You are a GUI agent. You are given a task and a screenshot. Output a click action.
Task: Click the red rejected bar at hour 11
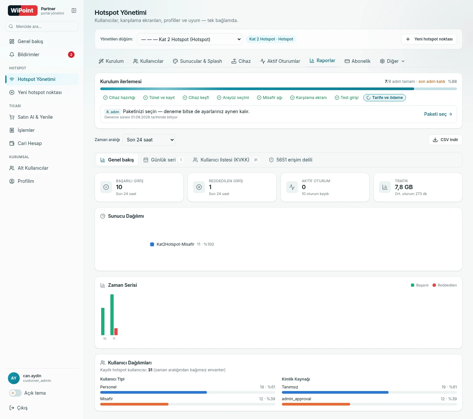pos(116,332)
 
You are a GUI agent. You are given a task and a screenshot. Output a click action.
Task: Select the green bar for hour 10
pos(103,322)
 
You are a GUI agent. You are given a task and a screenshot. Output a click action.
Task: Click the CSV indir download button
pos(445,140)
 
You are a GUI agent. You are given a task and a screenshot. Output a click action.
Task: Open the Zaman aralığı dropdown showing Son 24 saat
pos(149,140)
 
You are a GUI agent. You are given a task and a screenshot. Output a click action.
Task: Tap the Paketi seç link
pos(438,114)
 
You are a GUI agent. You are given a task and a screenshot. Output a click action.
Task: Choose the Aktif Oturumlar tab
pos(280,61)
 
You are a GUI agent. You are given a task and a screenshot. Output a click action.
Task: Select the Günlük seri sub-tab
pos(163,160)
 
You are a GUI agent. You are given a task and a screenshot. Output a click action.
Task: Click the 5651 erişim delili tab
pos(291,160)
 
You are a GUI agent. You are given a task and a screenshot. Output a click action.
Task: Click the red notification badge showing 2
pos(71,55)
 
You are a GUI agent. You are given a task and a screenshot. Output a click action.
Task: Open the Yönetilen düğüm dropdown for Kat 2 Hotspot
pos(189,39)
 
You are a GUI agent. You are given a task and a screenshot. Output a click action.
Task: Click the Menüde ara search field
pos(42,26)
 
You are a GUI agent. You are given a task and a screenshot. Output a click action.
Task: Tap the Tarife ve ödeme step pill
pos(385,98)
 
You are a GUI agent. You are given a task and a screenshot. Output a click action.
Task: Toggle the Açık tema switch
pos(15,393)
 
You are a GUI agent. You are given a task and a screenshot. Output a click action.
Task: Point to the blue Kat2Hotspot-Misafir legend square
pos(152,244)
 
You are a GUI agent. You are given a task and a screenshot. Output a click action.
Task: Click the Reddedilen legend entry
pos(444,285)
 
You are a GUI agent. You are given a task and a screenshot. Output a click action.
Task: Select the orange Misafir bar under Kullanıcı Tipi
pos(134,404)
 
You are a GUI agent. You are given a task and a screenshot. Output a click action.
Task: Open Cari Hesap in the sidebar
pos(30,143)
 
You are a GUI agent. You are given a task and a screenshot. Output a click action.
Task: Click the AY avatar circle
pos(14,378)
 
